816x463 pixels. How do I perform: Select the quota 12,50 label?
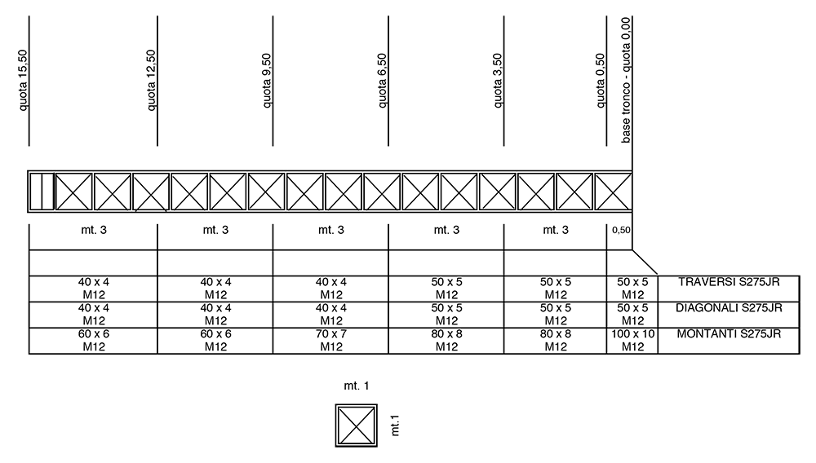(151, 80)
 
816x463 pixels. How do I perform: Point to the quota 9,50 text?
(267, 81)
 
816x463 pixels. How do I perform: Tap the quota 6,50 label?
(382, 81)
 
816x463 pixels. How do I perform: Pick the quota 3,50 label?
(498, 81)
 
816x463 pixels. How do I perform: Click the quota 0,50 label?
(600, 81)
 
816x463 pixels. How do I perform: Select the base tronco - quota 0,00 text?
(626, 80)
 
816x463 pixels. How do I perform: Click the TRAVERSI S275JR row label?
(729, 282)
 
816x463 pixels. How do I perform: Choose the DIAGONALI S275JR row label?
(729, 308)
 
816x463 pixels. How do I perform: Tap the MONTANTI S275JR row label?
(729, 334)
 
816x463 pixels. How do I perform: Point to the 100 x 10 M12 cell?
(632, 341)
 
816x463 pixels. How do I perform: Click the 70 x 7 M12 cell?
(331, 341)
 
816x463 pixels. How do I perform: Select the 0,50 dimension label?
(621, 230)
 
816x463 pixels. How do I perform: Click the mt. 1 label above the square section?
(357, 386)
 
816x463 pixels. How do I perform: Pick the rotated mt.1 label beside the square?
(395, 426)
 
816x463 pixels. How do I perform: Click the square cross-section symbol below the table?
(357, 426)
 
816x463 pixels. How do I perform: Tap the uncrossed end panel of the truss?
(42, 192)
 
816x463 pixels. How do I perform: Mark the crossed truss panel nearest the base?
(613, 192)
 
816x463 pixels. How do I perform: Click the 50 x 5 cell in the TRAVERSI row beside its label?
(632, 289)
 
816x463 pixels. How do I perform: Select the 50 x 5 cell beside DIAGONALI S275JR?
(632, 315)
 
